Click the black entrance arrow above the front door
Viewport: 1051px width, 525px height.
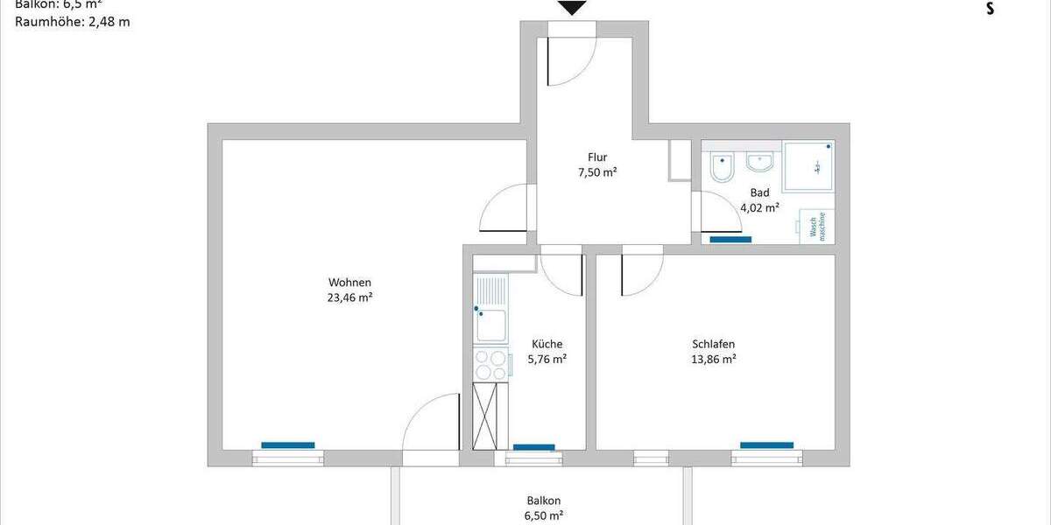coord(572,8)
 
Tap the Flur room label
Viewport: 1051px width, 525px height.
coord(597,157)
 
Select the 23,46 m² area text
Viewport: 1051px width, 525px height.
coord(349,297)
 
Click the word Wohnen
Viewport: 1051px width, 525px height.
coord(349,283)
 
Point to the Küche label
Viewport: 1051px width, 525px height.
coord(547,344)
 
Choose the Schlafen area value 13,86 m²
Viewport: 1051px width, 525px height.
coord(713,359)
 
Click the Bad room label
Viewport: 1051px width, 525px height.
coord(759,192)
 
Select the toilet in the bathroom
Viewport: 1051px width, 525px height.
coord(722,166)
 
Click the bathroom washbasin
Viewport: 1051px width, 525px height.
coord(758,162)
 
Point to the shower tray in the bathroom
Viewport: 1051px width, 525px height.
coord(808,165)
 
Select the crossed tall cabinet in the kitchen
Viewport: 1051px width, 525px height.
coord(490,416)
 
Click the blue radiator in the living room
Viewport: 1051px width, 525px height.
coord(287,445)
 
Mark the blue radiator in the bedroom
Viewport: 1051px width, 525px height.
coord(766,445)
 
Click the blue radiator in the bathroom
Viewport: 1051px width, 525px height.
coord(730,239)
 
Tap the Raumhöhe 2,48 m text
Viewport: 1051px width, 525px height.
coord(72,22)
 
